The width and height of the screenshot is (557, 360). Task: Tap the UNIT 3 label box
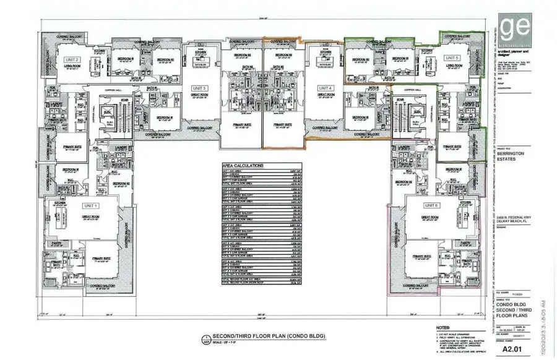click(199, 88)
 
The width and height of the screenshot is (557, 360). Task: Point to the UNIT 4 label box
click(326, 88)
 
